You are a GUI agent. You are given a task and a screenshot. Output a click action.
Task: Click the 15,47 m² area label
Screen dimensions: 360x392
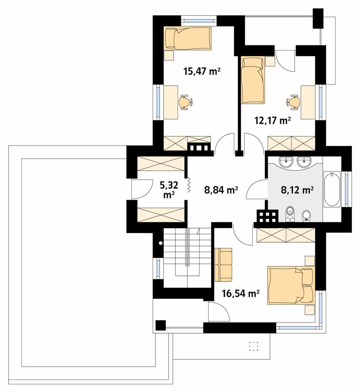point(202,72)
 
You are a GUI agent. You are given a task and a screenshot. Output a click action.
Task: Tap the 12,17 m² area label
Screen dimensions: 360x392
point(272,121)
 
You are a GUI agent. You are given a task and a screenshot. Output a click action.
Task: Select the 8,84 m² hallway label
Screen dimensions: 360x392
point(221,190)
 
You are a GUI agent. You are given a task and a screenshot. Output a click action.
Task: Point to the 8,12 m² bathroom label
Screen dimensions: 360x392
point(297,190)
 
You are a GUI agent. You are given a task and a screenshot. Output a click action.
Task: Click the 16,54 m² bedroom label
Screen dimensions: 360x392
point(240,293)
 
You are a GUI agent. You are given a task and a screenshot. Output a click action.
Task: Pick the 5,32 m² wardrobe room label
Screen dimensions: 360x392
point(169,190)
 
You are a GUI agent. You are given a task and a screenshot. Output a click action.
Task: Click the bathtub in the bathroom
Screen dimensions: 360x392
point(332,189)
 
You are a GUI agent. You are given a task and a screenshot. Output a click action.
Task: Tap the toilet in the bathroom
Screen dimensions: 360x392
point(290,214)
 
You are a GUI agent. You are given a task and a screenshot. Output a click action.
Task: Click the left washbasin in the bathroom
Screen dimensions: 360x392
point(286,162)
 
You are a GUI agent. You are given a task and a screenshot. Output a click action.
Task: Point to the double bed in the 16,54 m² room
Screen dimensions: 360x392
point(291,285)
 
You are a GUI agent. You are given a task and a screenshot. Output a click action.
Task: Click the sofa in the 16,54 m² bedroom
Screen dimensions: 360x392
point(224,265)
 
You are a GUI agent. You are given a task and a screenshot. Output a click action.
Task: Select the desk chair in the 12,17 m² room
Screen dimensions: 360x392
point(293,102)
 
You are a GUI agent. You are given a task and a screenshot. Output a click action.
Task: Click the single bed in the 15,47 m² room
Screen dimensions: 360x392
point(188,38)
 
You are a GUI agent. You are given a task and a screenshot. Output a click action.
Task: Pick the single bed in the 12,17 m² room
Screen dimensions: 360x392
point(252,80)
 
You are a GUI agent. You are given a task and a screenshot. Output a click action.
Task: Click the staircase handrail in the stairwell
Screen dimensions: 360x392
point(187,247)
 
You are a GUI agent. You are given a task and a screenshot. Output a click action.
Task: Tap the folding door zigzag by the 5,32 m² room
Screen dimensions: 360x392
point(189,185)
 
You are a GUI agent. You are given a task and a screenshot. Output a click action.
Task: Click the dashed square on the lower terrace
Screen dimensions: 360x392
point(254,346)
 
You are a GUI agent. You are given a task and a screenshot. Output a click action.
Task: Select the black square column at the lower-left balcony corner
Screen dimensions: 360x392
point(160,325)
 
